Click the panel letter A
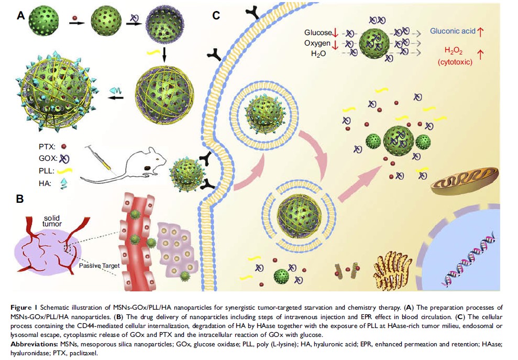[x=21, y=16]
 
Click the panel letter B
[x=19, y=199]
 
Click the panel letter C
[x=216, y=16]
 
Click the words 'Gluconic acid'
[x=453, y=31]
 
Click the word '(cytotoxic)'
[x=454, y=61]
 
